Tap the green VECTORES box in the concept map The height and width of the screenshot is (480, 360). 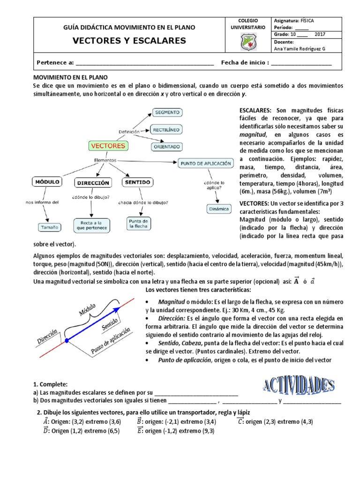[x=108, y=146]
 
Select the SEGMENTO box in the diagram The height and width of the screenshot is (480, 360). [x=167, y=112]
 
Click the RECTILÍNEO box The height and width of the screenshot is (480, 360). [x=166, y=129]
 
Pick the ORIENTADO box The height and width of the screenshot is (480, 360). [x=166, y=146]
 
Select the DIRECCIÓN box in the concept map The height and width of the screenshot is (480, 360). [x=93, y=182]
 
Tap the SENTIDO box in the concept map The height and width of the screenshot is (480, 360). [x=137, y=181]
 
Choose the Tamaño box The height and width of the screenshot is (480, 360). [x=49, y=227]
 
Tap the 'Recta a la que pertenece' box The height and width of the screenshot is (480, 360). [x=92, y=225]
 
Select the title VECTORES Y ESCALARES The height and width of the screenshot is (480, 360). [x=129, y=41]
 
